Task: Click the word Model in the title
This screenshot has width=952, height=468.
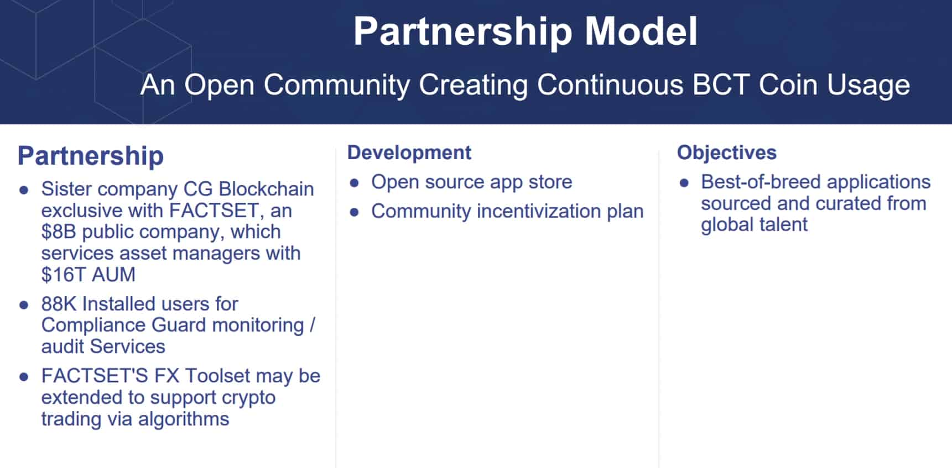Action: click(641, 31)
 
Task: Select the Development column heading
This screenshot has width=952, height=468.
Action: click(409, 153)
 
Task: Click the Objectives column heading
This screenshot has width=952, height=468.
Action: click(727, 153)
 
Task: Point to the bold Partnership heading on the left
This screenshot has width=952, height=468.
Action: click(91, 156)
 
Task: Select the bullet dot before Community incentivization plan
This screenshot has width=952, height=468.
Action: click(355, 212)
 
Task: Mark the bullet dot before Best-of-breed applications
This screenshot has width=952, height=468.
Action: click(684, 183)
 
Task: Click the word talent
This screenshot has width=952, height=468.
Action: click(782, 225)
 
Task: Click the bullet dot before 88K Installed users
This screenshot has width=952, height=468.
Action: click(24, 305)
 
